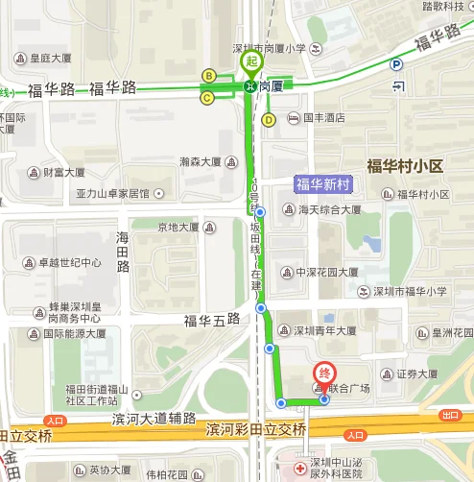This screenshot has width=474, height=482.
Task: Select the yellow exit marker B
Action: tap(208, 75)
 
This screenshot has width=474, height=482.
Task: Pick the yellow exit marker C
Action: tap(207, 97)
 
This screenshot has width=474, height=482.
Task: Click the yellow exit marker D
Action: tap(269, 119)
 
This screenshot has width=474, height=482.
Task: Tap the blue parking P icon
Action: tap(397, 65)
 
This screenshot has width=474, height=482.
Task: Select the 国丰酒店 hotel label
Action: tap(322, 119)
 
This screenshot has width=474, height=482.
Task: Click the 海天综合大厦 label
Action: tap(328, 209)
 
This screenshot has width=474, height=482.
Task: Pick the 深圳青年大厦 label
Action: tap(325, 331)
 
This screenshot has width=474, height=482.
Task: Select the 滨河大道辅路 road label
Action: tap(154, 419)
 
